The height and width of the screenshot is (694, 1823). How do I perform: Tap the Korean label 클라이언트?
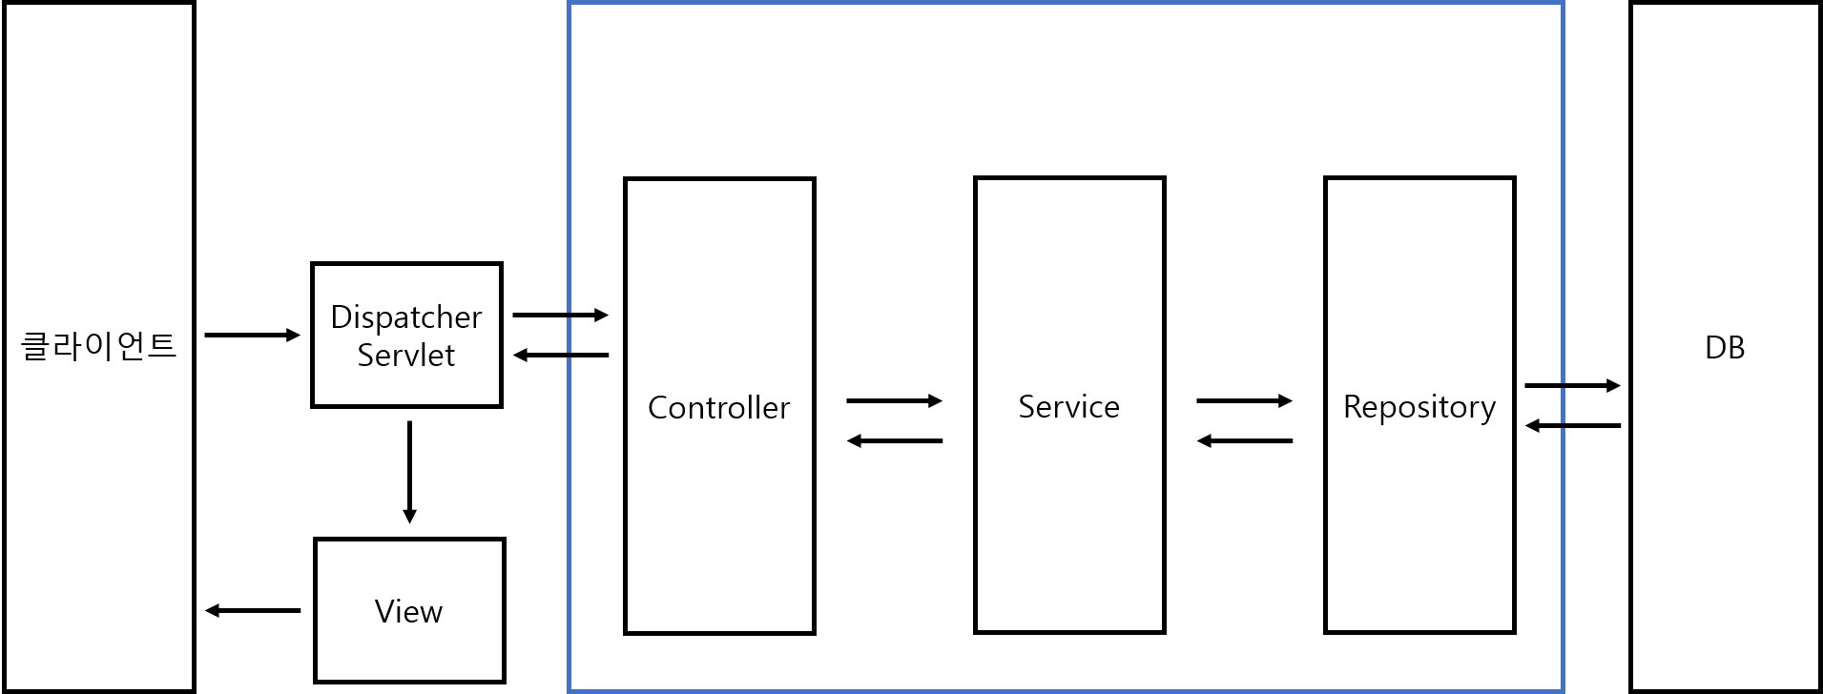(x=99, y=345)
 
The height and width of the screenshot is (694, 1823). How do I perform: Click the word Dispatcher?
(x=406, y=316)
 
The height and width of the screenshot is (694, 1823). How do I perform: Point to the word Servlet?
(x=406, y=356)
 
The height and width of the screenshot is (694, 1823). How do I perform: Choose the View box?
(x=409, y=572)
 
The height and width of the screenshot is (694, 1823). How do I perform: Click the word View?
(x=409, y=611)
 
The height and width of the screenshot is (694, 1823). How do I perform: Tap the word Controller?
(x=719, y=408)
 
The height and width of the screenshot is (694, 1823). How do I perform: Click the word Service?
(x=1069, y=407)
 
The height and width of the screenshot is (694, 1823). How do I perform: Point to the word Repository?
(x=1419, y=407)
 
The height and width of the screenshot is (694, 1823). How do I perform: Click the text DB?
(x=1725, y=348)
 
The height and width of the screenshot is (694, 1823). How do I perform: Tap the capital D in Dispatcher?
(x=340, y=316)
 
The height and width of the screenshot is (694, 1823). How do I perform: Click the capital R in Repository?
(x=1352, y=406)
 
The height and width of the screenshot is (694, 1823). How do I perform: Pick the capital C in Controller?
(x=657, y=408)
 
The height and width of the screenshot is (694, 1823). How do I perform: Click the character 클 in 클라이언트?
(x=35, y=345)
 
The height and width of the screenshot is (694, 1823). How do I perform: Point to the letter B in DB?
(x=1736, y=348)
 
